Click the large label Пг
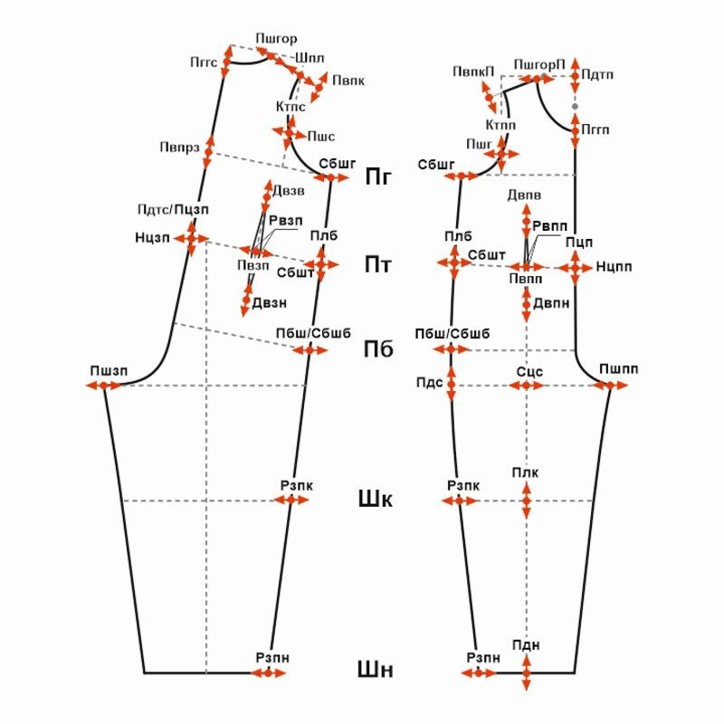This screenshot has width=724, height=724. click(378, 176)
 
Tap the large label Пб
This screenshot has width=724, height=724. click(378, 348)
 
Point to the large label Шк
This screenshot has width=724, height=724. click(376, 499)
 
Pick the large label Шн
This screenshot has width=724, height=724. click(376, 671)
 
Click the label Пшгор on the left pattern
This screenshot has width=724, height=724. click(276, 39)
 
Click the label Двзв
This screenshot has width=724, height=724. click(288, 190)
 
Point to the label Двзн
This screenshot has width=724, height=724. click(270, 303)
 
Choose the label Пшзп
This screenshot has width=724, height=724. click(109, 371)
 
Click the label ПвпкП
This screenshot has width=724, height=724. click(473, 71)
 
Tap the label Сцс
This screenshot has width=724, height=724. click(529, 371)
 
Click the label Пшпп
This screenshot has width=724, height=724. click(618, 370)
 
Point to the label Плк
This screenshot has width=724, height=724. click(525, 473)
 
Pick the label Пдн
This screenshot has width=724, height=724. click(525, 644)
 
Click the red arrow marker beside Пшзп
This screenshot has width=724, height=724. click(107, 386)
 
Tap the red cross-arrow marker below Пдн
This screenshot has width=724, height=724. click(526, 673)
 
